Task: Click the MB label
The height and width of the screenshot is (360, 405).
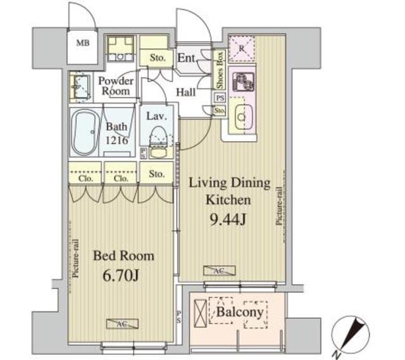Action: pyautogui.click(x=82, y=44)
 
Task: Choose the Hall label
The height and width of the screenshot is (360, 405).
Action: pyautogui.click(x=186, y=92)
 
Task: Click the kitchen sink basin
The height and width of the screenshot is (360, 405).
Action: pyautogui.click(x=241, y=116)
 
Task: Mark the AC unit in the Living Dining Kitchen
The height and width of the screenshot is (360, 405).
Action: pyautogui.click(x=219, y=270)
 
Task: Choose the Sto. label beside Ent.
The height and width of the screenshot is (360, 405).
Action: pyautogui.click(x=158, y=58)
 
